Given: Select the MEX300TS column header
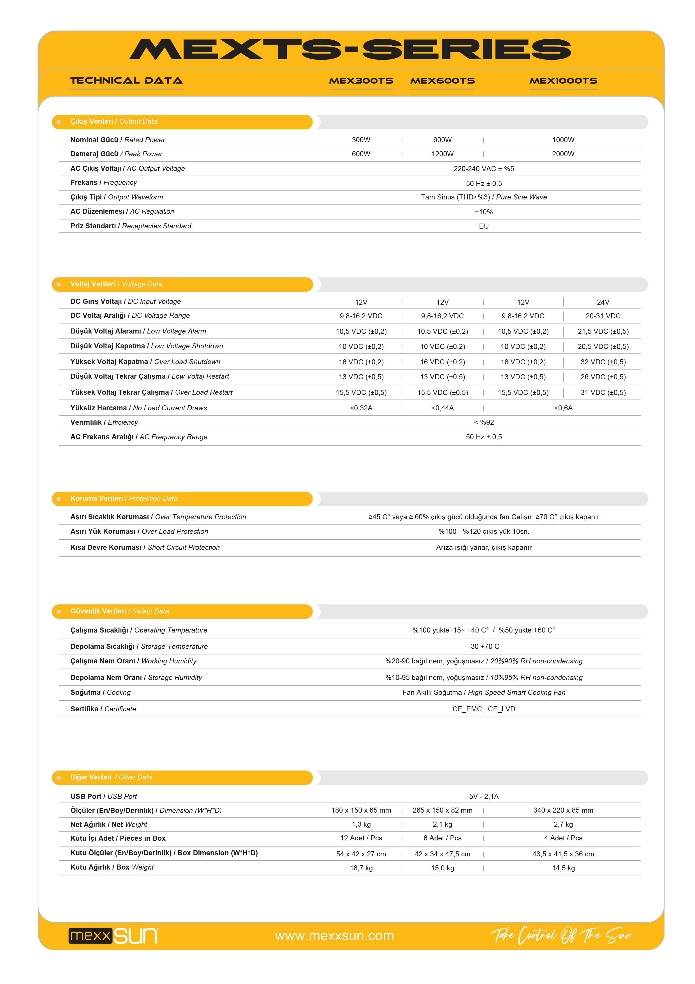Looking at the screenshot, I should [361, 81].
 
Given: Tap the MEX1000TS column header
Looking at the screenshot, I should [563, 81].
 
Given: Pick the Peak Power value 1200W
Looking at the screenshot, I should [442, 154].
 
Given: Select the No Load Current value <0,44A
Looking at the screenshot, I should [442, 408].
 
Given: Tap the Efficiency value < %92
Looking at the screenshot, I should [484, 422].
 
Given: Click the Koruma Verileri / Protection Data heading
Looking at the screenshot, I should [124, 499].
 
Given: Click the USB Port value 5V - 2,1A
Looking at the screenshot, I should [484, 797].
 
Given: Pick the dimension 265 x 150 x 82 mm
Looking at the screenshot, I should [442, 810].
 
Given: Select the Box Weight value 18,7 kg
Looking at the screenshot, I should [361, 868].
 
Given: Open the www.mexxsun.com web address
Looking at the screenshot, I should [334, 936].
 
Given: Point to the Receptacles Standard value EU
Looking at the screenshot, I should [484, 226].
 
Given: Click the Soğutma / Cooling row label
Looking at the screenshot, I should [101, 693].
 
